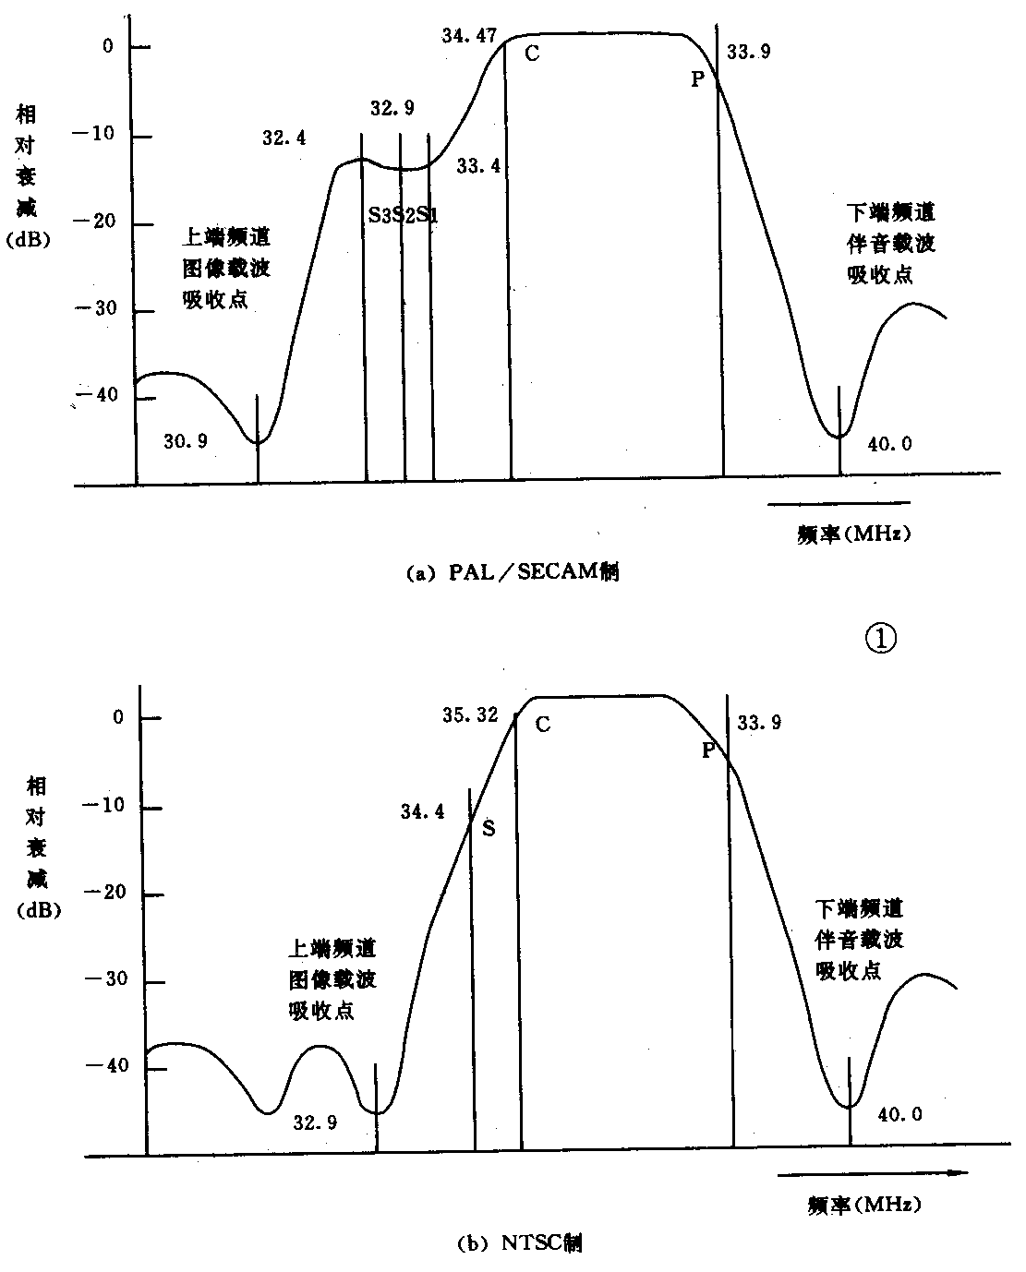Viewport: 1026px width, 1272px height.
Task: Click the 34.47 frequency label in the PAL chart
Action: click(466, 36)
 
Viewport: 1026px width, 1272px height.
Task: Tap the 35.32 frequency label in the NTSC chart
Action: click(470, 714)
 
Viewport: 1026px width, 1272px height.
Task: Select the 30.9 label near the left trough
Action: click(186, 441)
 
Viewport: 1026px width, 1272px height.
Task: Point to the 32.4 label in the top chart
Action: click(284, 138)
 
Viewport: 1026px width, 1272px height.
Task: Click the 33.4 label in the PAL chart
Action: click(478, 166)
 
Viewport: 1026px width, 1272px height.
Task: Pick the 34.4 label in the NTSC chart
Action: click(422, 811)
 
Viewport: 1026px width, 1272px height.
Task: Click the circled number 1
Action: click(880, 638)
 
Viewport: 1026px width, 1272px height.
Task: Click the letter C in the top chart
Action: click(532, 54)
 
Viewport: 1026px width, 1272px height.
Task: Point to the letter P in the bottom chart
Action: click(708, 750)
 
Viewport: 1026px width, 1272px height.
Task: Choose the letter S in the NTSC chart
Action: click(489, 829)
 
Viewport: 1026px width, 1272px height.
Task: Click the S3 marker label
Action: click(379, 216)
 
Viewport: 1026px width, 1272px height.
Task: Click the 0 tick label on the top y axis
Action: click(108, 45)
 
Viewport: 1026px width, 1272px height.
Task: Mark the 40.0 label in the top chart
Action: click(890, 444)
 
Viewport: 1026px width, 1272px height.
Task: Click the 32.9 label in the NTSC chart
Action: click(315, 1122)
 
